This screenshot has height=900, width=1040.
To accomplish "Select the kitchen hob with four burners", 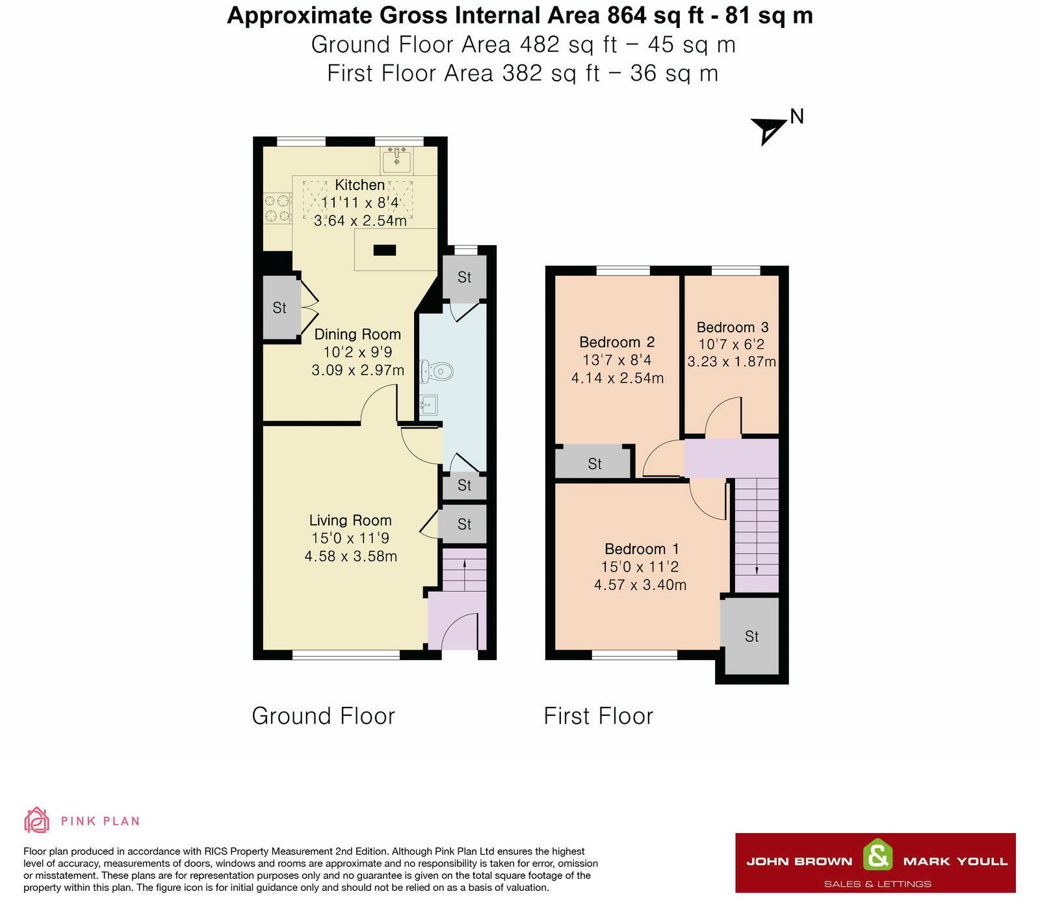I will coord(277,209).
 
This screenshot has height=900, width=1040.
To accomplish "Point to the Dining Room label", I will coord(357,334).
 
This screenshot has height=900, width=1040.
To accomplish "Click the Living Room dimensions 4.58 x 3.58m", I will coord(350,556).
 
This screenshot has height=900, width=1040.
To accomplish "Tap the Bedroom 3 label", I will coord(732,327).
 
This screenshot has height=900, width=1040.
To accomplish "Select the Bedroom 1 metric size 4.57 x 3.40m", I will coord(640,585).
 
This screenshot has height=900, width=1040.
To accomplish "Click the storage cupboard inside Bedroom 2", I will coord(593,463).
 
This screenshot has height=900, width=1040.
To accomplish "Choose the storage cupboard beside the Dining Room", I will coord(279,308).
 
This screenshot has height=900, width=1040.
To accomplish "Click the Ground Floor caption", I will coord(323,716).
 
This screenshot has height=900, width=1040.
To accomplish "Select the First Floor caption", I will coord(598,716).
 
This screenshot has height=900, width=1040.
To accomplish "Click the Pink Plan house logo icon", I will coord(36,820).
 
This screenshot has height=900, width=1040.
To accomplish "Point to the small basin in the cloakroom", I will coord(428,406).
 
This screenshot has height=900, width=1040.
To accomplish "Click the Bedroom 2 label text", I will coord(616,342).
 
